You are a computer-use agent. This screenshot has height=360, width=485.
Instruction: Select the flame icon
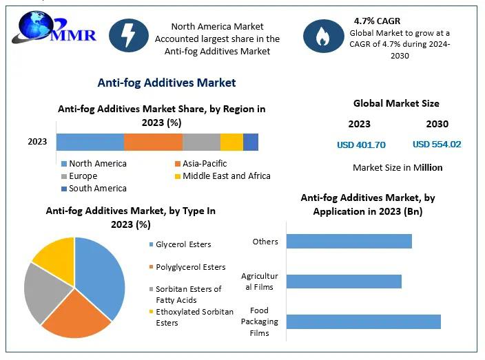tap(321, 36)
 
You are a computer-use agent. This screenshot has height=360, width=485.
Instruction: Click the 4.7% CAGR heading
tap(376, 21)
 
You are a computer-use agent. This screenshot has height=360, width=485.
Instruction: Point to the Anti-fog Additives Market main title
tap(167, 83)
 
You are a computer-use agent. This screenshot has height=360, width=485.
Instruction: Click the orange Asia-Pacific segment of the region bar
tap(153, 142)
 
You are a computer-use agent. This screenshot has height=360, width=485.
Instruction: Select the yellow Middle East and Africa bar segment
tap(231, 142)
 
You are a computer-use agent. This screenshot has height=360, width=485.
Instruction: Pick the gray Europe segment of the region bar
tap(201, 142)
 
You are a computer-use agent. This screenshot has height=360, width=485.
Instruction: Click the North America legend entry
tap(97, 164)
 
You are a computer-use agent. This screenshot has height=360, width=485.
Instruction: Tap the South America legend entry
tap(97, 188)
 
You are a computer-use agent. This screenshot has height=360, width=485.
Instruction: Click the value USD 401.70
tap(361, 145)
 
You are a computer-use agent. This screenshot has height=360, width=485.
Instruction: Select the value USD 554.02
tap(437, 145)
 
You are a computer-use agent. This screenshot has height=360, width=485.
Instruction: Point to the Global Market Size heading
tap(396, 104)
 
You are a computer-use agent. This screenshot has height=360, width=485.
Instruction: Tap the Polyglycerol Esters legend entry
tap(190, 267)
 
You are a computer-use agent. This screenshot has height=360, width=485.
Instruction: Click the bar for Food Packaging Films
tap(363, 321)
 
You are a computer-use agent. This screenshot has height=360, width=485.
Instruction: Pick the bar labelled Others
tap(349, 241)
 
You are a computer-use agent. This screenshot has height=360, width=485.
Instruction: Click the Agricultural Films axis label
tap(259, 282)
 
